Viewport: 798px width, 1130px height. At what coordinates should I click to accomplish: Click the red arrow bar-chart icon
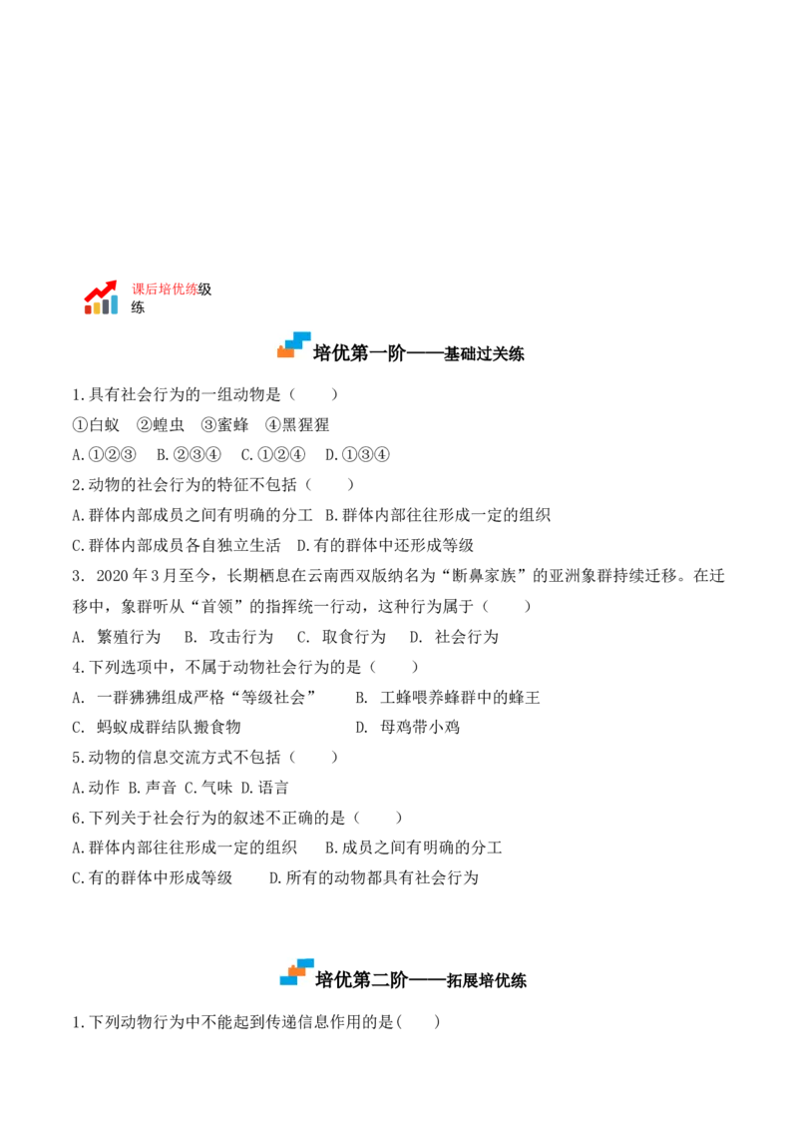point(101,296)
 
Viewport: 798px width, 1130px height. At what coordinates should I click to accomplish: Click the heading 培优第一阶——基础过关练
point(418,353)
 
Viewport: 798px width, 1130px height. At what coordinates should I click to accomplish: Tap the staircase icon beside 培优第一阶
point(294,345)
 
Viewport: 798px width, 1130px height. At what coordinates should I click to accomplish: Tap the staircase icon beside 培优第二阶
point(296,971)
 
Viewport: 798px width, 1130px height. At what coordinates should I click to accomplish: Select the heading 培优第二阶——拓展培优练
point(421,979)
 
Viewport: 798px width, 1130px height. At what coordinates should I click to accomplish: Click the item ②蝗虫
point(161,425)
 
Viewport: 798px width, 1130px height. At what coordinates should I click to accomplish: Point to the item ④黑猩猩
point(297,425)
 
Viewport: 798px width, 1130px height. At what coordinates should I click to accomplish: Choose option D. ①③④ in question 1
point(357,455)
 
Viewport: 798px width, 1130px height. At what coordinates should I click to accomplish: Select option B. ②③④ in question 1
point(189,455)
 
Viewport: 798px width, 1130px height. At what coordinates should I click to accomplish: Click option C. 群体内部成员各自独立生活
point(177,546)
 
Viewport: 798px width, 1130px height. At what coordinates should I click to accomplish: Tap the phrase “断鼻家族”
point(484,576)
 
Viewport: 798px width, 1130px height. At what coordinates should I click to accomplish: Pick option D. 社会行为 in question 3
point(454,637)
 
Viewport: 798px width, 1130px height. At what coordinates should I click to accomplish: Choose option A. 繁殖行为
point(116,637)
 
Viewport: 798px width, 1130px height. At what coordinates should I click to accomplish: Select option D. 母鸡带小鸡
point(407,727)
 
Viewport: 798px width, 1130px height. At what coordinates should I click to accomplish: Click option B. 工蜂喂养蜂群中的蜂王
point(447,698)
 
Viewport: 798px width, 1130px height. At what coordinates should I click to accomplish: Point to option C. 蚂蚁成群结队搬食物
point(157,727)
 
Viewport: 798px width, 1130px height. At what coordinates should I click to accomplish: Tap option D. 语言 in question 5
point(264,788)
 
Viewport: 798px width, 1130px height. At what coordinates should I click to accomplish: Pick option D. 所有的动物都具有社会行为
point(374,877)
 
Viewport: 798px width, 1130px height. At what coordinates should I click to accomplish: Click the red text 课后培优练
point(165,288)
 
